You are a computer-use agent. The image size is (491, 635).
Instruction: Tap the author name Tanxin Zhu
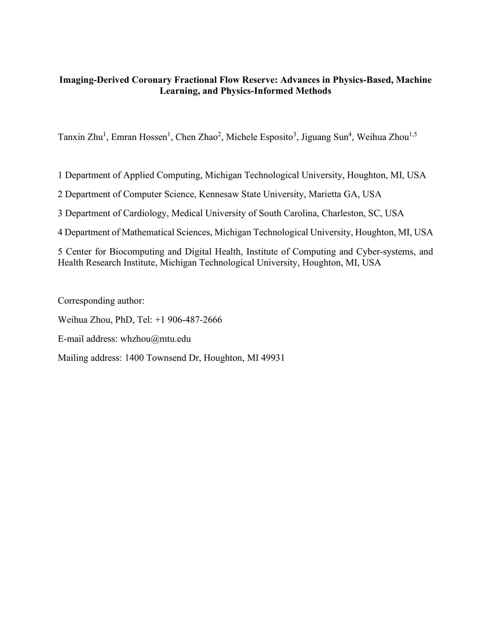[80, 138]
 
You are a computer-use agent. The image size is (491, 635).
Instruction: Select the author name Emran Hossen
[139, 138]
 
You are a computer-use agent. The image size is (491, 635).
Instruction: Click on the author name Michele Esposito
[259, 138]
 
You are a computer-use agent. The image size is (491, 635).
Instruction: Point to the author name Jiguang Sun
[324, 138]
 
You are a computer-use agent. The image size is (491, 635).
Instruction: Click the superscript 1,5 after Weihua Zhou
[413, 135]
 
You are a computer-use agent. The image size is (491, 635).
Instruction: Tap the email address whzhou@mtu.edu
[155, 339]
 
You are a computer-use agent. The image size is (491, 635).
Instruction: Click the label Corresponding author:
[101, 301]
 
